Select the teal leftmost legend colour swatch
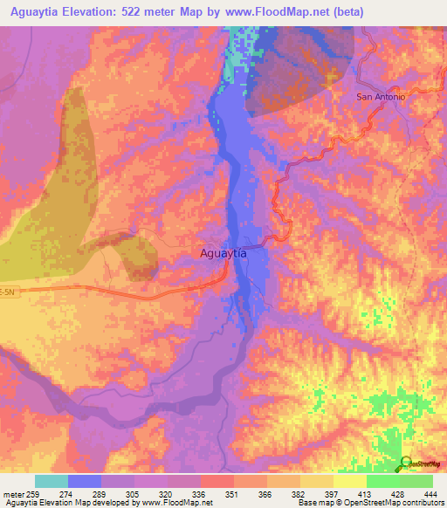pos(52,481)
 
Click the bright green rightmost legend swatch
pos(416,481)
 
